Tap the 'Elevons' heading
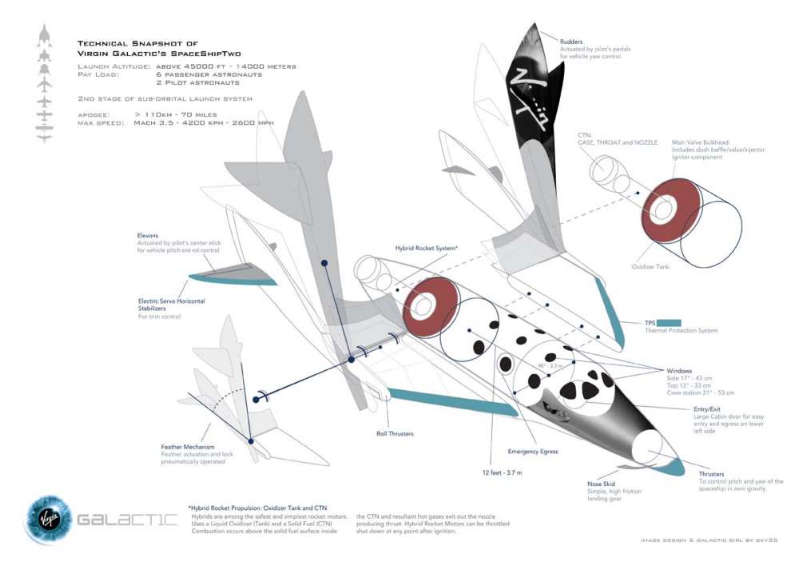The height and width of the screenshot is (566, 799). click(x=149, y=237)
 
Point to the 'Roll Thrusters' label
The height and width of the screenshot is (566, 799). click(x=395, y=434)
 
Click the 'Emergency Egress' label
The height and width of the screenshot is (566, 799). click(x=532, y=452)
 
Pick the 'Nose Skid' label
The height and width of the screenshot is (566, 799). click(x=601, y=484)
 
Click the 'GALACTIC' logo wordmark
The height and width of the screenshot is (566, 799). click(x=128, y=520)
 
